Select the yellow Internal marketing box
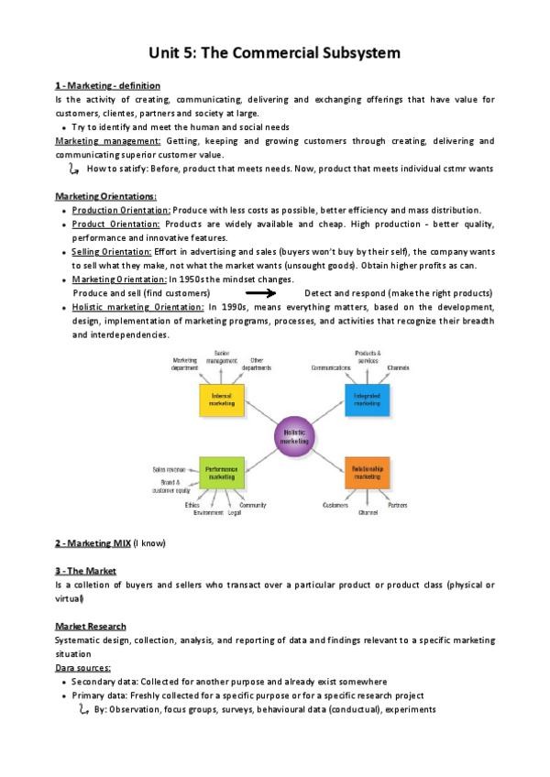[x=222, y=399]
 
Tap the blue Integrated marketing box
[x=368, y=399]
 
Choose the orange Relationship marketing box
[x=368, y=473]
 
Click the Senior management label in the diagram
[x=222, y=357]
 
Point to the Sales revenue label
[x=170, y=469]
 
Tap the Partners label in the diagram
[x=398, y=505]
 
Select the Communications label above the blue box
[x=331, y=367]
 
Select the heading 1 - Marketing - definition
[x=107, y=85]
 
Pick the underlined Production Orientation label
[x=121, y=210]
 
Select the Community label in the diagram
[x=253, y=505]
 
